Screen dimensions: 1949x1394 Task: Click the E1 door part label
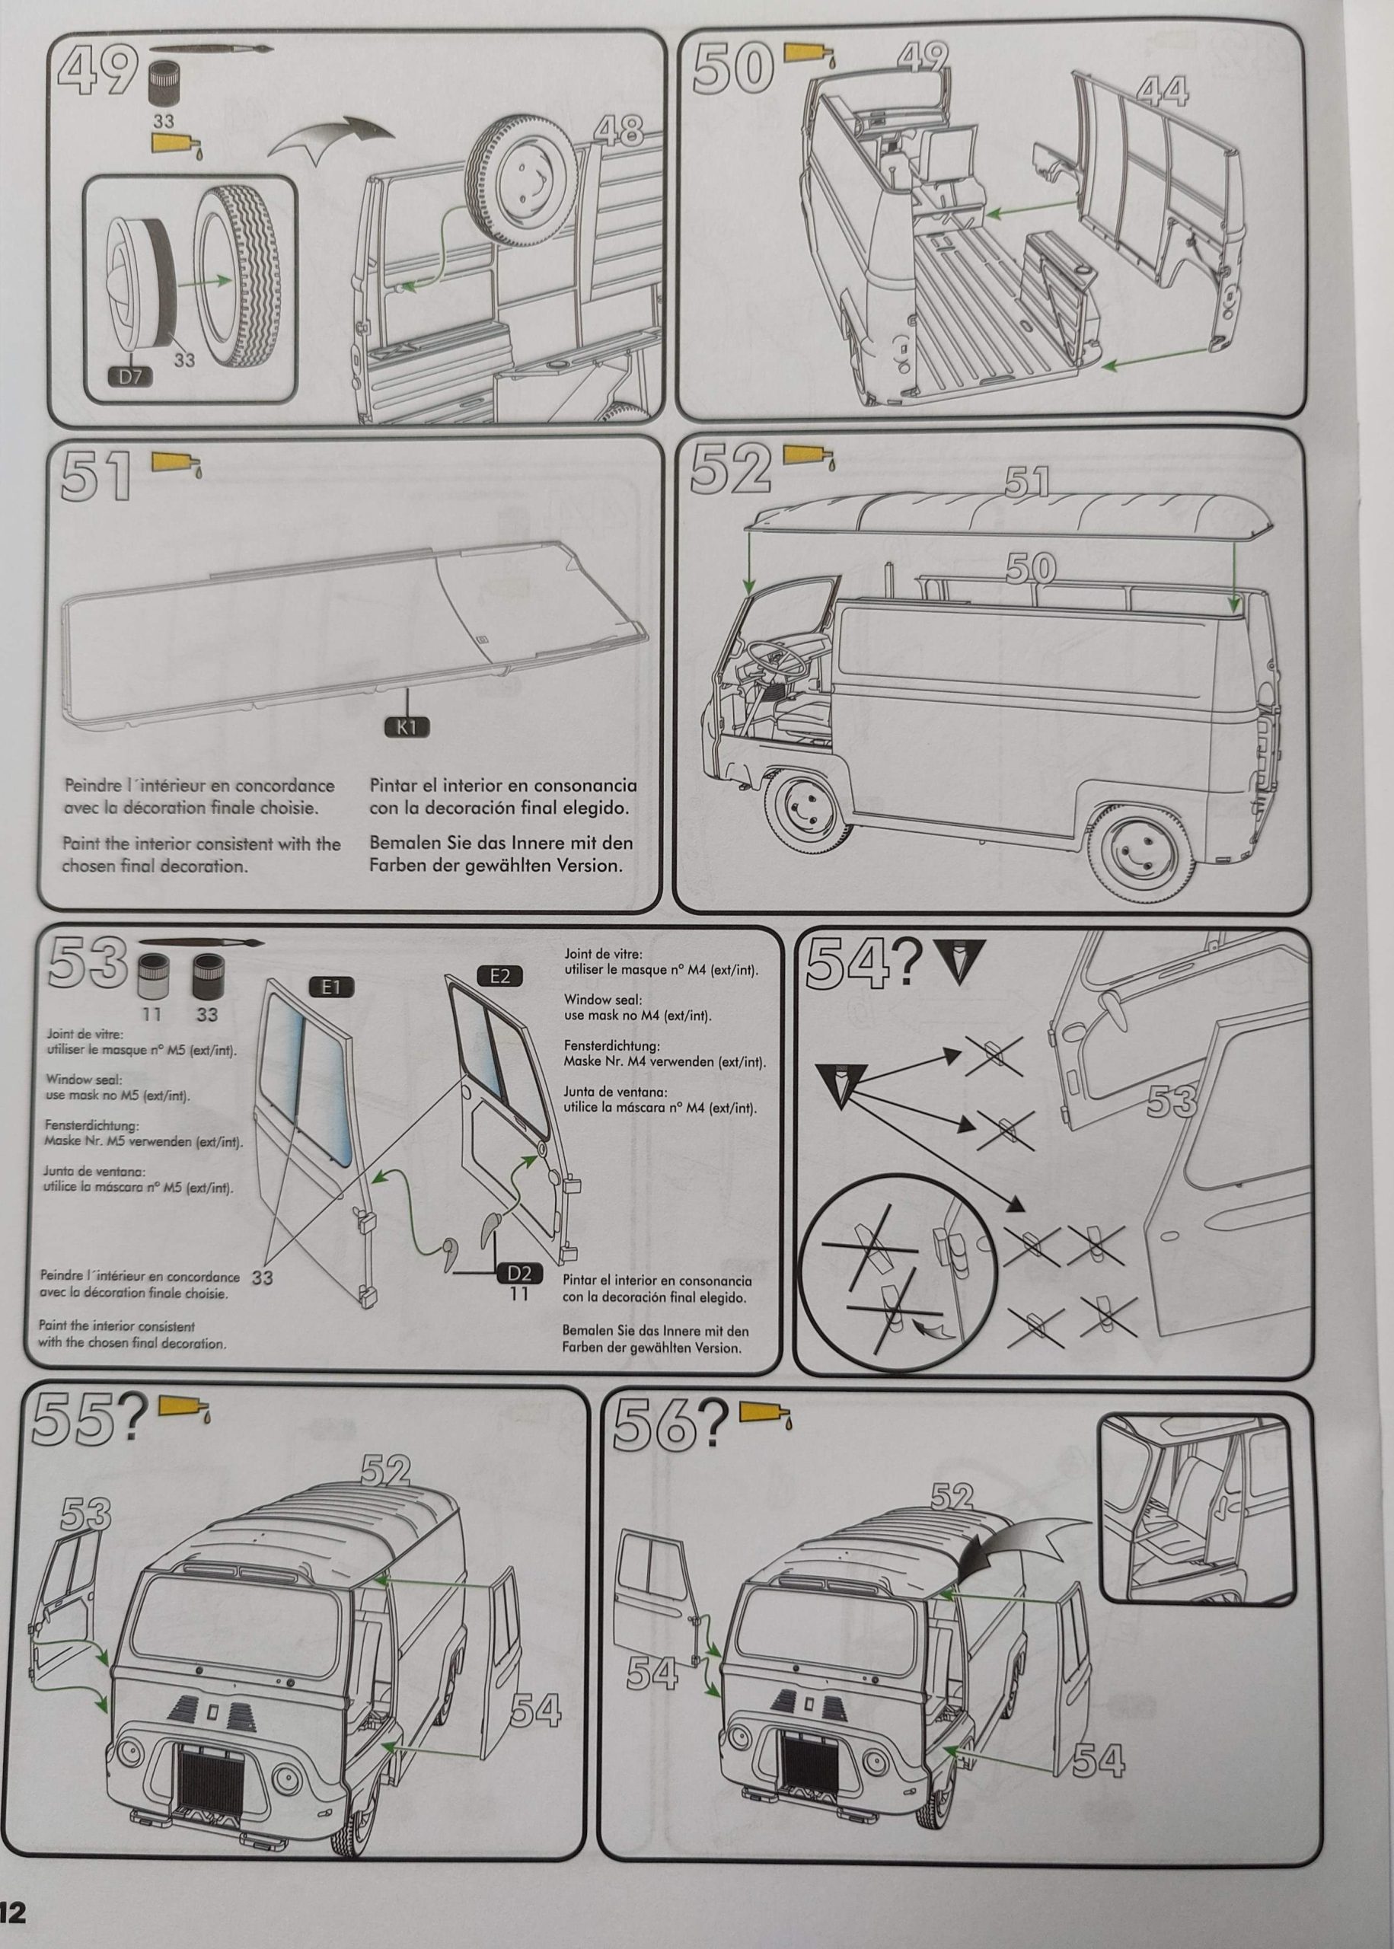pyautogui.click(x=331, y=987)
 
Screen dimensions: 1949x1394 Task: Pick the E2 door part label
pyautogui.click(x=499, y=975)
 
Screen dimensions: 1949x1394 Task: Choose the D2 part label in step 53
pyautogui.click(x=518, y=1274)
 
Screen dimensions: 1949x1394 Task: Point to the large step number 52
pyautogui.click(x=729, y=471)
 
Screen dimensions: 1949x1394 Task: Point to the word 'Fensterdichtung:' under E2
pyautogui.click(x=611, y=1046)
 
